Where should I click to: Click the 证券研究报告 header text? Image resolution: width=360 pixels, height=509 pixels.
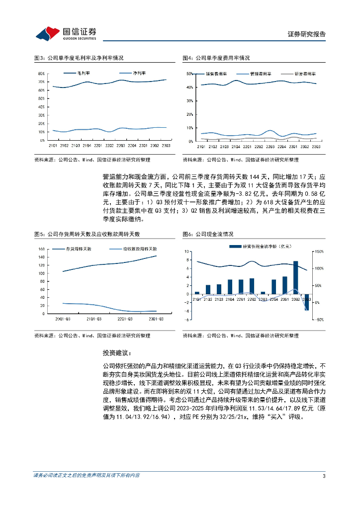pos(307,34)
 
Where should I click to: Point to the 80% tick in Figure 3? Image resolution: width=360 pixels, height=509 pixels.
pos(41,74)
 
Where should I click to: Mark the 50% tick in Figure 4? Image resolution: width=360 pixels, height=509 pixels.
pos(189,74)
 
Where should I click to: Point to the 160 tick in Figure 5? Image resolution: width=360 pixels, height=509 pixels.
pos(41,249)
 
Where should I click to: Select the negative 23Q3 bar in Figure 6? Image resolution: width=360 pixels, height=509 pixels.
pos(307,302)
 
